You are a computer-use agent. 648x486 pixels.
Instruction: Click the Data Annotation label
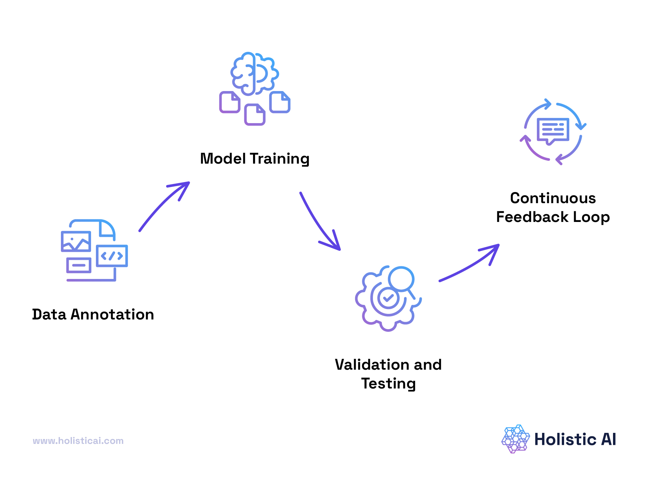click(93, 314)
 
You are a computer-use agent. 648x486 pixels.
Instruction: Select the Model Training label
click(255, 159)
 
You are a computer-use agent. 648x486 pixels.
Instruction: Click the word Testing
click(388, 384)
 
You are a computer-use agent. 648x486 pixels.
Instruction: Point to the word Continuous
click(553, 198)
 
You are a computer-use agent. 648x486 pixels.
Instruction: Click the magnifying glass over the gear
click(401, 279)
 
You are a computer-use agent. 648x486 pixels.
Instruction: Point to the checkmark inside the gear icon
click(388, 297)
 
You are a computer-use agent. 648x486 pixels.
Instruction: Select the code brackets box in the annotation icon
click(112, 256)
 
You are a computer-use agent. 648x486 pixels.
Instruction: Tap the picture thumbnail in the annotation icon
click(76, 241)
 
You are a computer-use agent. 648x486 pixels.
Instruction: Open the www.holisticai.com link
click(78, 441)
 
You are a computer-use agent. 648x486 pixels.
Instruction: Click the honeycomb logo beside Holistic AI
click(515, 439)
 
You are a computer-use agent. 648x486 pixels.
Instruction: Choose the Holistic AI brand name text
click(575, 439)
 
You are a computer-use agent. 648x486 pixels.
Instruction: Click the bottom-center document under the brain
click(255, 114)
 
